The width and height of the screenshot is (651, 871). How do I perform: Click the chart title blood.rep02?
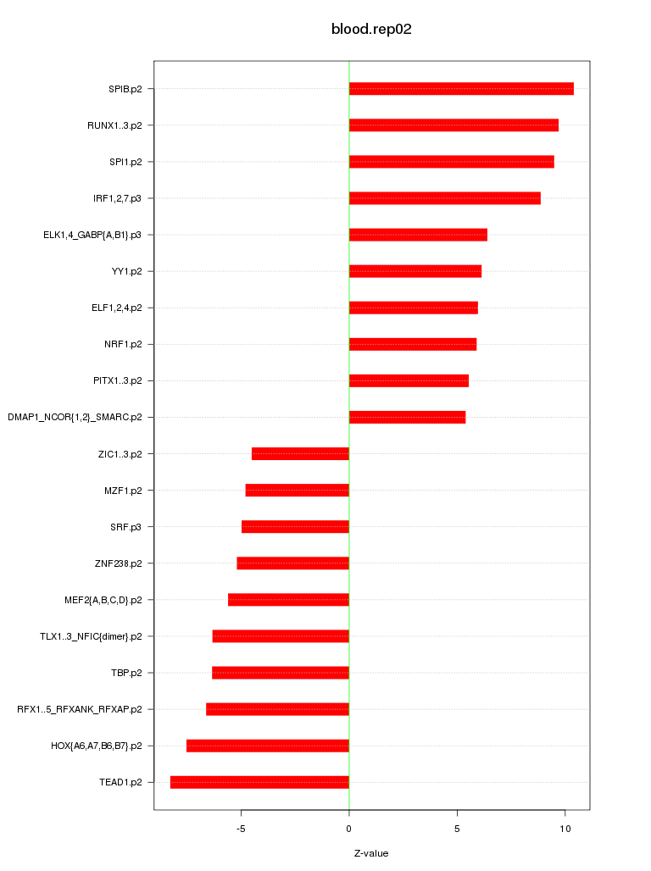pos(371,29)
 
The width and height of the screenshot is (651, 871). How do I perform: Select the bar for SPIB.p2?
pos(461,89)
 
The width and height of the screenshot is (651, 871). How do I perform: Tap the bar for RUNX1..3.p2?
pos(453,125)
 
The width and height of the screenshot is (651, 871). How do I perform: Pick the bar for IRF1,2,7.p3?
pos(444,198)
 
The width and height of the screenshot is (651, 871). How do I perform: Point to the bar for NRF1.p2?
pos(413,344)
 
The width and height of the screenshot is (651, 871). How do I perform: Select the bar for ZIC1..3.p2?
pos(300,453)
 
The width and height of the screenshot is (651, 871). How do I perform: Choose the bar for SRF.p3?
pos(295,526)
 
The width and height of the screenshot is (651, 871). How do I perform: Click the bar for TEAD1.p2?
pos(259,782)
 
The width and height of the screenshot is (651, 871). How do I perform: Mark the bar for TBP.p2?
pos(281,673)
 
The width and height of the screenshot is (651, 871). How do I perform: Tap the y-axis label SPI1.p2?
pos(125,162)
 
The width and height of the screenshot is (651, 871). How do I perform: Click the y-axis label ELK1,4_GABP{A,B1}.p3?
pos(92,235)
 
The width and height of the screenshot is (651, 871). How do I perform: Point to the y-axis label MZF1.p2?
pos(123,490)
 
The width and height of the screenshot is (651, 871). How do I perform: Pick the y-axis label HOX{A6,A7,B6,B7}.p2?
pos(96,746)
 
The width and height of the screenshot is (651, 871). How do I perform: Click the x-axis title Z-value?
pos(371,853)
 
